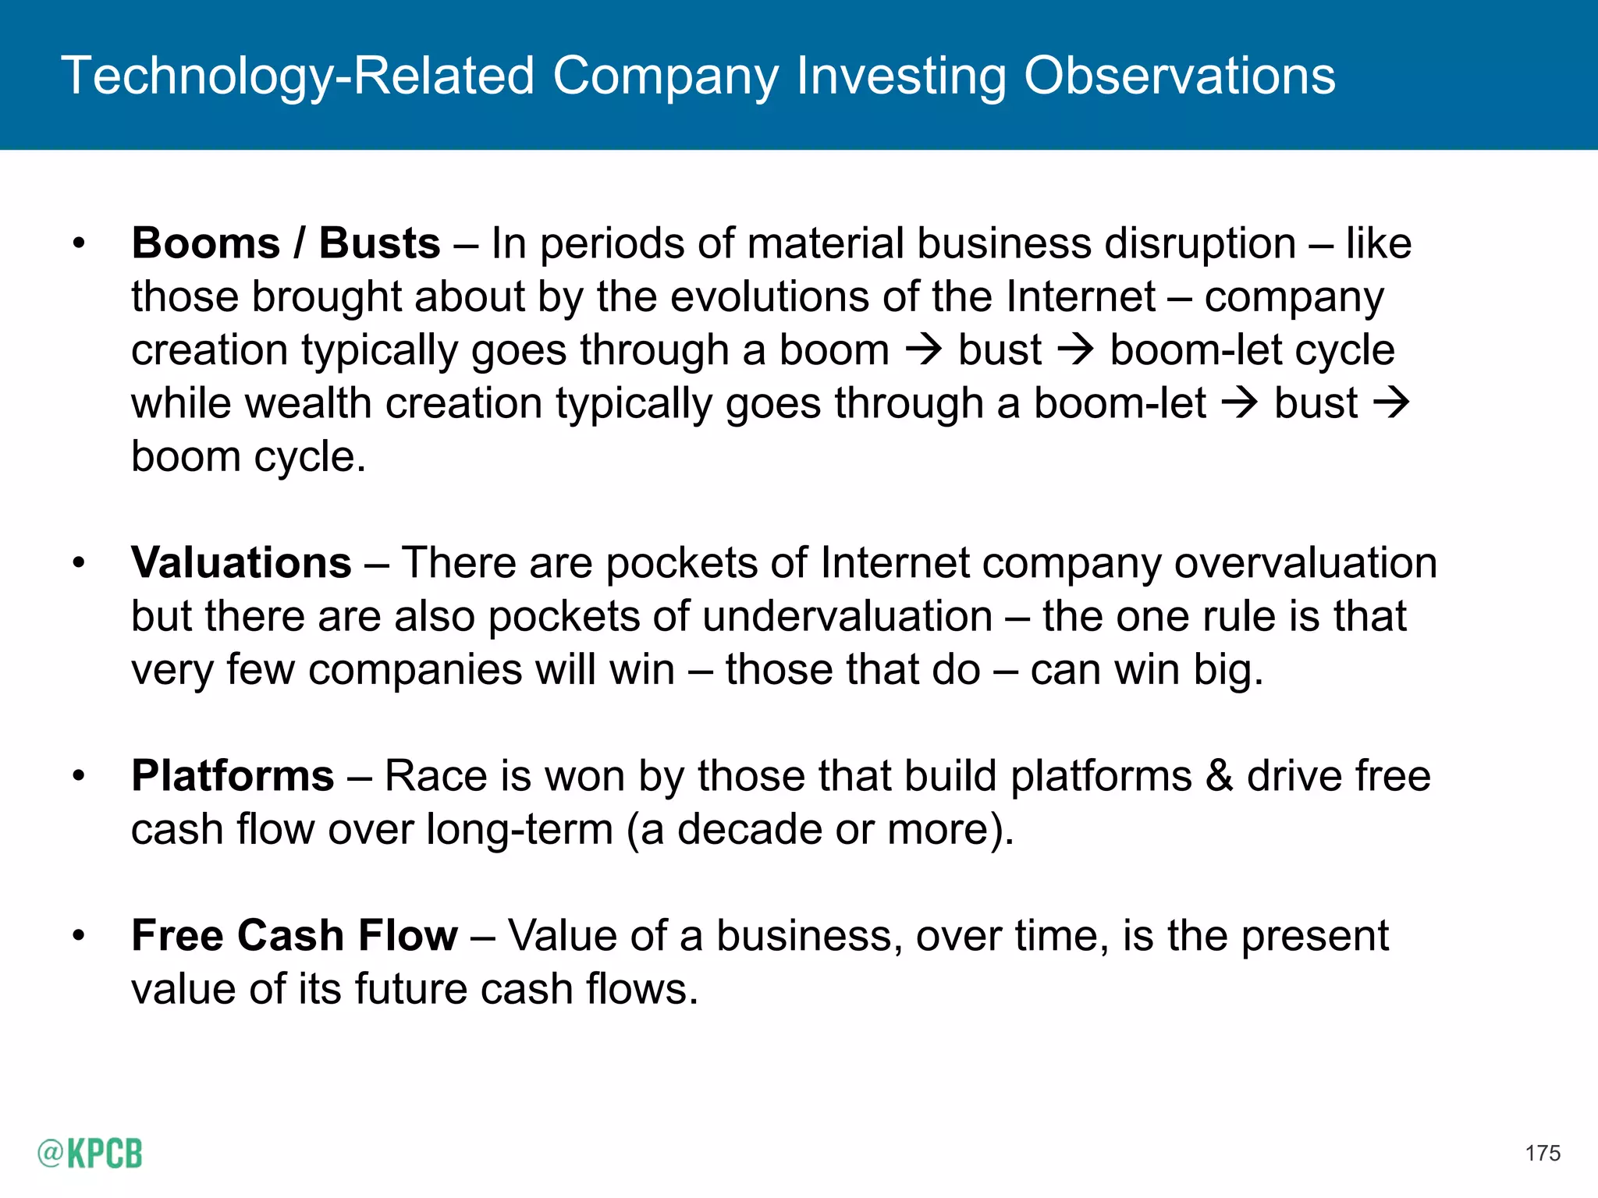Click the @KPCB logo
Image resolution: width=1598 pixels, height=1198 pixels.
pyautogui.click(x=90, y=1153)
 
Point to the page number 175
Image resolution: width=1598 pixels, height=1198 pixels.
pyautogui.click(x=1542, y=1153)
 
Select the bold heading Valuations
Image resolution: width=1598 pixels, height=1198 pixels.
pyautogui.click(x=241, y=562)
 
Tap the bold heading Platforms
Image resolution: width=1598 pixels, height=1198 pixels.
pyautogui.click(x=233, y=775)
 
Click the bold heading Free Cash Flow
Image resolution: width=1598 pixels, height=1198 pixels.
pyautogui.click(x=294, y=935)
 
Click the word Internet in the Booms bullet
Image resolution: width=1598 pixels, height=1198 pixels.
pyautogui.click(x=1081, y=296)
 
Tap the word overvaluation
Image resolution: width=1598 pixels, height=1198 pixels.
pyautogui.click(x=1305, y=562)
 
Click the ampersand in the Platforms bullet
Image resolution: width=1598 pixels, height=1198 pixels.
pyautogui.click(x=1219, y=775)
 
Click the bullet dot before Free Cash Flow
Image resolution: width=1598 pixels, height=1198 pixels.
pyautogui.click(x=78, y=935)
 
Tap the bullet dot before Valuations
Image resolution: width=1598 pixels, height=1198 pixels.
pyautogui.click(x=78, y=562)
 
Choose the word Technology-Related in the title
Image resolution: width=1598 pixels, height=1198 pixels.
pyautogui.click(x=298, y=76)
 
